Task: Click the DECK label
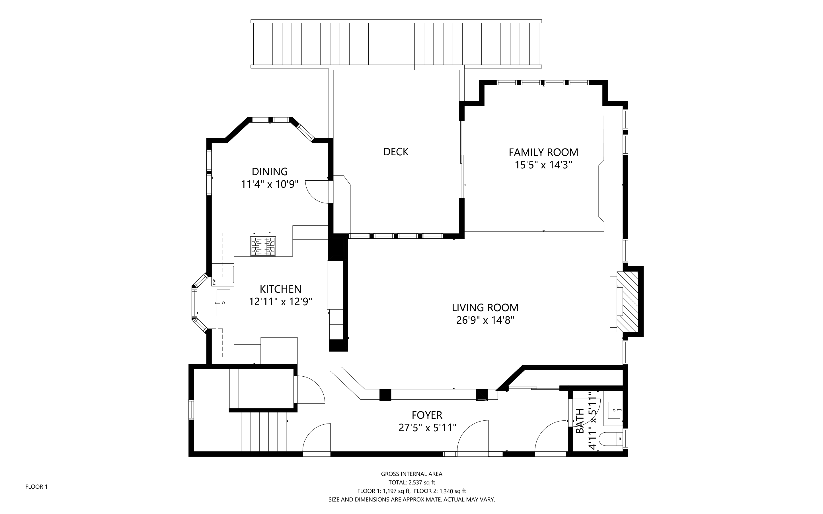click(x=396, y=152)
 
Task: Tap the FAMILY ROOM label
click(x=543, y=152)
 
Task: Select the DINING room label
click(x=270, y=172)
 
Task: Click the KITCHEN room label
click(x=281, y=289)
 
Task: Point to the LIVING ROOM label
click(x=485, y=308)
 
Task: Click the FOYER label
click(x=427, y=415)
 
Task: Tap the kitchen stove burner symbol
click(x=263, y=246)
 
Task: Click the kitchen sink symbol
click(x=223, y=303)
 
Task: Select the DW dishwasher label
click(x=214, y=282)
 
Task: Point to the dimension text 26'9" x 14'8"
click(x=485, y=320)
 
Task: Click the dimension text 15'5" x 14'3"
click(x=543, y=165)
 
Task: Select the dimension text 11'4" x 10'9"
click(x=270, y=184)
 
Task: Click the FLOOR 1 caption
click(x=36, y=487)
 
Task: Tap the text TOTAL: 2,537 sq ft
click(x=412, y=482)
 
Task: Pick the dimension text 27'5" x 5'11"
click(x=427, y=428)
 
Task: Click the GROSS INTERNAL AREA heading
click(x=412, y=474)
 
